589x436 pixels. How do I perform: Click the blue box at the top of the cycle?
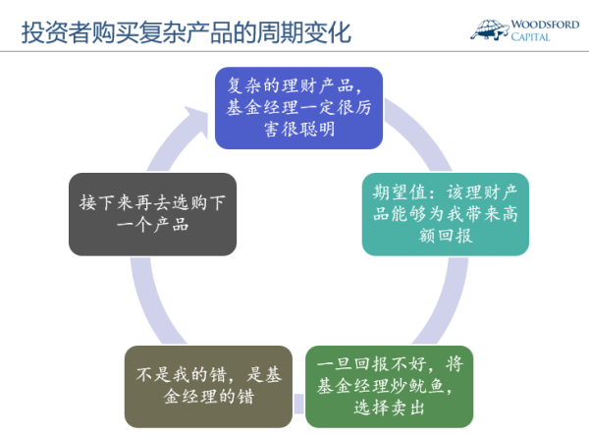click(298, 108)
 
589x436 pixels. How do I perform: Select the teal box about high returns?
click(445, 214)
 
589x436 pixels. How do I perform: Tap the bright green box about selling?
click(389, 387)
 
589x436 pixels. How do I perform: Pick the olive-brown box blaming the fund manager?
click(208, 387)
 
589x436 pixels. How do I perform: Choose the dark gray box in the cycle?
click(152, 214)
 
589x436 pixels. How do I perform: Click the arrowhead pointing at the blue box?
click(197, 121)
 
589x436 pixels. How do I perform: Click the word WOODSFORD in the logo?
click(545, 25)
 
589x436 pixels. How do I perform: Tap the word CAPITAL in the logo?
click(530, 37)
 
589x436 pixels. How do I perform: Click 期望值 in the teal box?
click(400, 192)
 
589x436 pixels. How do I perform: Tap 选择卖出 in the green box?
click(389, 408)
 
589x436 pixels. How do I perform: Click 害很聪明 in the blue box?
click(299, 129)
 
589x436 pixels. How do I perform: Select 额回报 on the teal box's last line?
click(446, 236)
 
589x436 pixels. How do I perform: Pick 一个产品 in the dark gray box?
click(152, 225)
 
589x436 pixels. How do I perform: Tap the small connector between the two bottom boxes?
click(299, 404)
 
